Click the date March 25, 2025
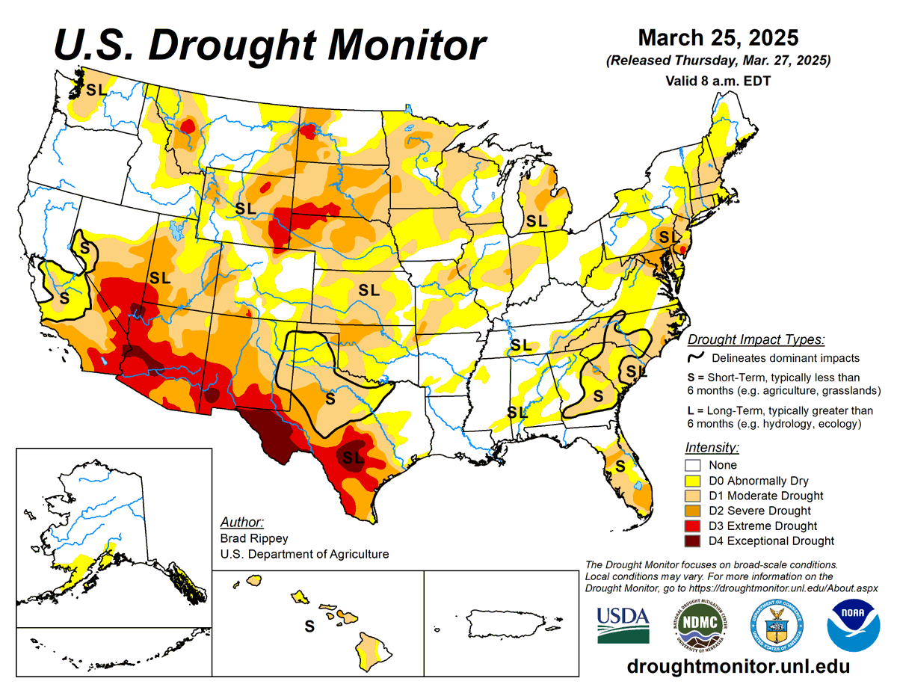(718, 37)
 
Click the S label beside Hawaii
(308, 626)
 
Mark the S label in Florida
(620, 466)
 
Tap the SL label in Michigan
(536, 221)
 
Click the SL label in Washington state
(96, 90)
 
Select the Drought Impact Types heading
(756, 339)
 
